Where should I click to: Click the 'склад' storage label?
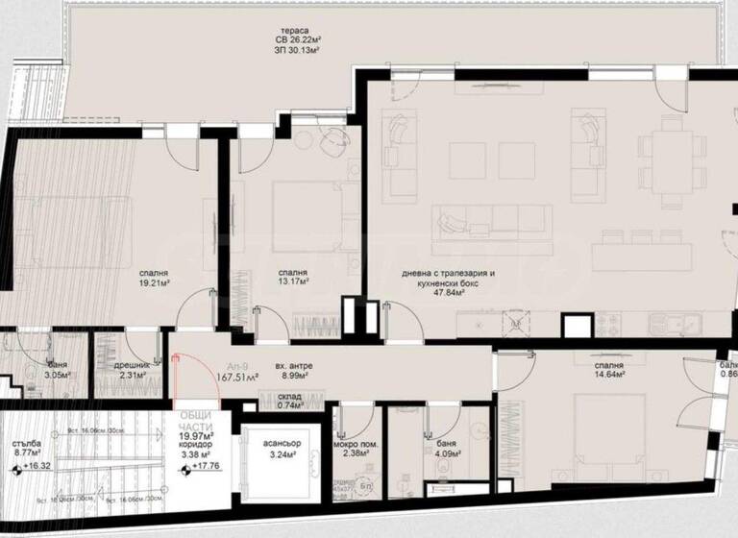pos(289,396)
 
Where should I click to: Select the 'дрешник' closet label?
pos(125,366)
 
